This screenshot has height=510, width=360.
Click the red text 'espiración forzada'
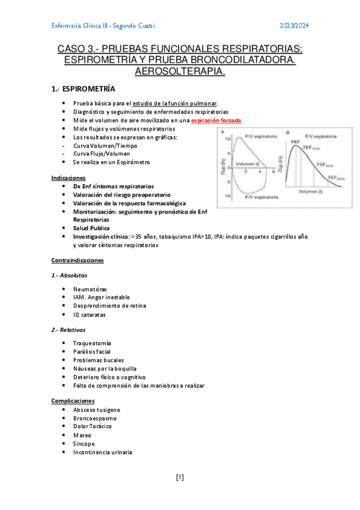216,120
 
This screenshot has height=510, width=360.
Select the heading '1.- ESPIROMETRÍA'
84,88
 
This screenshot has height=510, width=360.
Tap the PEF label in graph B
295,142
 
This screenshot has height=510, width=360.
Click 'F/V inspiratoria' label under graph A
259,196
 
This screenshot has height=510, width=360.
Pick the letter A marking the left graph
223,132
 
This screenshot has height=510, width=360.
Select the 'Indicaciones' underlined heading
69,178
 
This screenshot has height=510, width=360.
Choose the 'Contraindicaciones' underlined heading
78,260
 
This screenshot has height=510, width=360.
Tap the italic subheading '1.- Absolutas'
69,275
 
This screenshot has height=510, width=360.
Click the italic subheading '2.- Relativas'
69,330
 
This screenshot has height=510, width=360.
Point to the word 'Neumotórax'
90,289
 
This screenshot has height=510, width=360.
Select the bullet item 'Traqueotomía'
92,343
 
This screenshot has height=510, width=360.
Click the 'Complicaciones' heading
73,401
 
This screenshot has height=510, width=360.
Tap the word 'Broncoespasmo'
95,418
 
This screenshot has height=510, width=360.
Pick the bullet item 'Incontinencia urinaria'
102,452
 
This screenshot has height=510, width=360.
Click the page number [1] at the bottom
180,478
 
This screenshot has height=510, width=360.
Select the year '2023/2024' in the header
294,26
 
